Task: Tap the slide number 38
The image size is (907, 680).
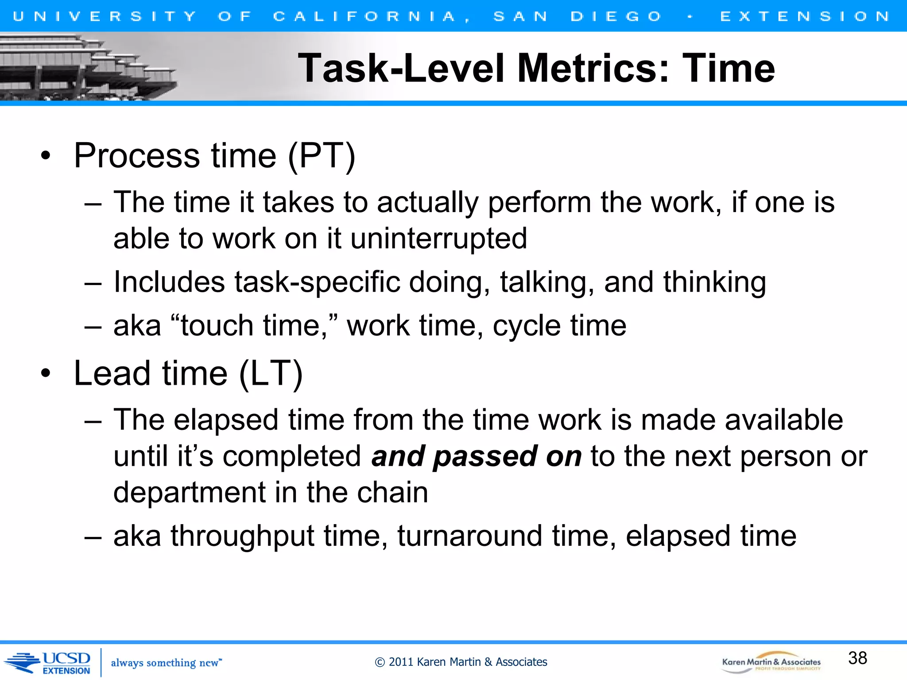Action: point(857,658)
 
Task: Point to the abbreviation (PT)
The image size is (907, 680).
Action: point(322,156)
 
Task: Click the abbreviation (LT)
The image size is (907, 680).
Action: point(271,374)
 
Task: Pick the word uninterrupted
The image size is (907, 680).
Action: point(438,239)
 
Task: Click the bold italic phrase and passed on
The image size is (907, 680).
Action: point(476,456)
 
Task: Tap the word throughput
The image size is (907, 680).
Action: point(242,536)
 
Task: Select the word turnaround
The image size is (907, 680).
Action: point(469,536)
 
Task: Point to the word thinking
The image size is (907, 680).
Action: point(714,282)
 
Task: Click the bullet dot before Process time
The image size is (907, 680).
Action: point(45,156)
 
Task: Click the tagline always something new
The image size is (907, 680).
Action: point(166,663)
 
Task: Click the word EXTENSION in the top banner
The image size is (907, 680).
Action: point(804,16)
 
